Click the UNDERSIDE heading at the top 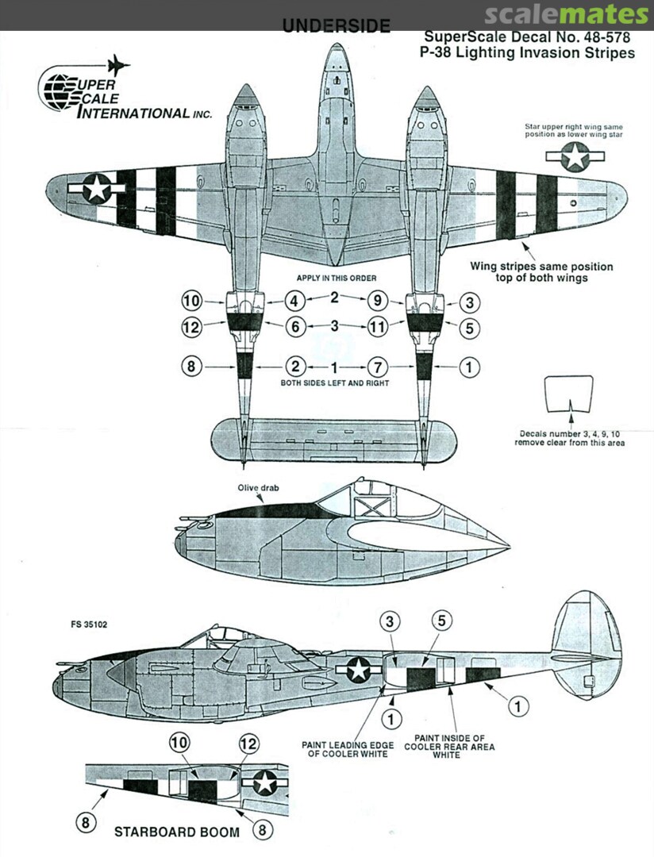click(x=337, y=26)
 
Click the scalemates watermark click(x=565, y=14)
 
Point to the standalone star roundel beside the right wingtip click(x=575, y=158)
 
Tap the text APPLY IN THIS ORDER click(x=336, y=279)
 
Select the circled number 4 click(x=295, y=302)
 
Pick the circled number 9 click(x=377, y=302)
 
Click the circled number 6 click(x=295, y=326)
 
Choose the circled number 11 click(x=377, y=326)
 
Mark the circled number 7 click(x=377, y=367)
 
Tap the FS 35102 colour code click(x=90, y=624)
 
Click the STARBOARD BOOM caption click(x=176, y=832)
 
